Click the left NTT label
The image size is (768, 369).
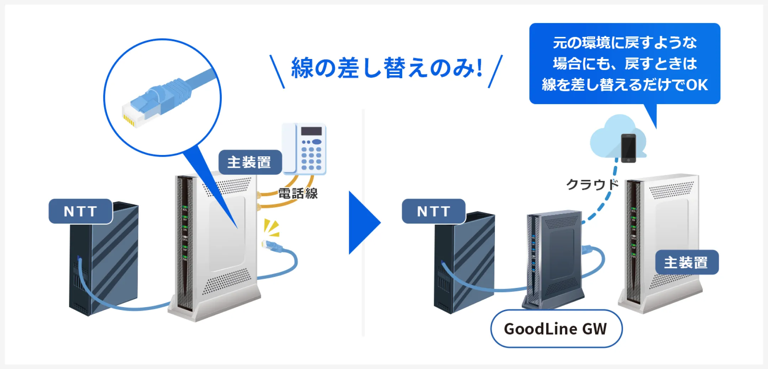(81, 211)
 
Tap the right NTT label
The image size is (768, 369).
(434, 211)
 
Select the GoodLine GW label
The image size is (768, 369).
(556, 329)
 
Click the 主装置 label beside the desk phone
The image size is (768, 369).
(250, 162)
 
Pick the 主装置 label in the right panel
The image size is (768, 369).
(687, 262)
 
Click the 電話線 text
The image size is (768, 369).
(298, 193)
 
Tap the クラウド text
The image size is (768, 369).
(592, 184)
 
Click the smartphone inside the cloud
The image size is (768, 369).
(628, 148)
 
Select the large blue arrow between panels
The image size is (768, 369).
(364, 223)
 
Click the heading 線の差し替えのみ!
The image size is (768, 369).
(386, 68)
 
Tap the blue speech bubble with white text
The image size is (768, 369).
(625, 64)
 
